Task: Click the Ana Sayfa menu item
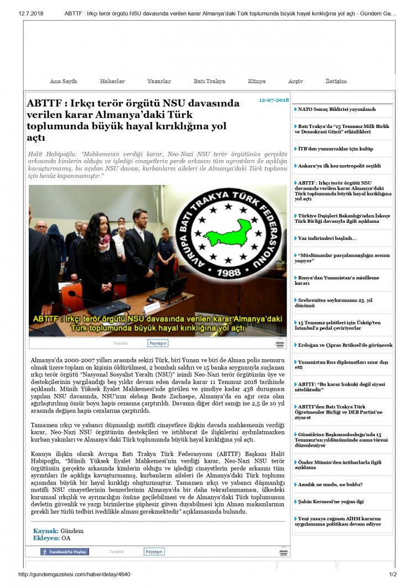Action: coord(64,81)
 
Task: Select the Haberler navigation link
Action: coord(112,81)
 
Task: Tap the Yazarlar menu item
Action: coord(159,81)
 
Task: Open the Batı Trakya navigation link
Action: coord(209,81)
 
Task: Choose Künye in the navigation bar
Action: coord(257,81)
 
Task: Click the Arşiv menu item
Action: coord(295,81)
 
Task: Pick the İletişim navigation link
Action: coord(336,81)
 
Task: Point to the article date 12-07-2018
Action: coord(274,100)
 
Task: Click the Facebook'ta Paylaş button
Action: coord(65,551)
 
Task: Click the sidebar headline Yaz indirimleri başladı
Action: coord(328,238)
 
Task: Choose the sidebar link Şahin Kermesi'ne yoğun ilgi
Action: coord(331,502)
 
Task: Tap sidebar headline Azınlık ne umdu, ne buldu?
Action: coord(330,484)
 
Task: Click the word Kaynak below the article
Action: coord(45,531)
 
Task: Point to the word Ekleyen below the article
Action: coord(46,538)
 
